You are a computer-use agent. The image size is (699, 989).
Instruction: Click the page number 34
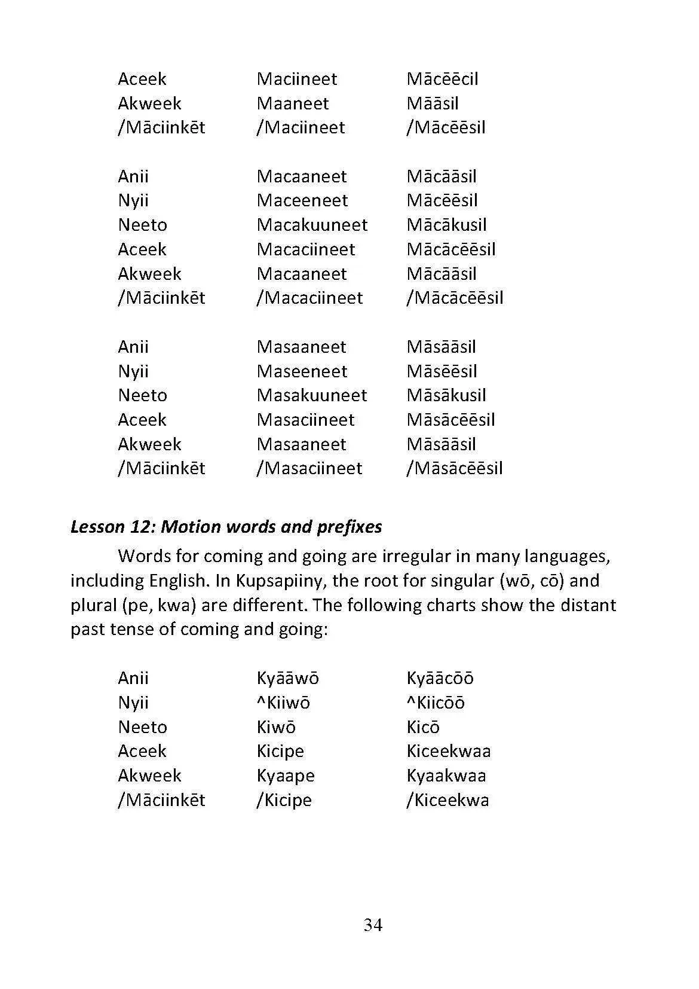(373, 925)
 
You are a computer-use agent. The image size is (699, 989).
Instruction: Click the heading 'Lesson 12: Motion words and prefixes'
(226, 527)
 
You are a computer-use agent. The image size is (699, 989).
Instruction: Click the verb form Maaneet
(292, 103)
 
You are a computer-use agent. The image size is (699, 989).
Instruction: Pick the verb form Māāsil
(433, 103)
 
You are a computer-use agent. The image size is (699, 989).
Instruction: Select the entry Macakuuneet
(312, 225)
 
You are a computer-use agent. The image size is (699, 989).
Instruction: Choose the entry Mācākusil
(446, 225)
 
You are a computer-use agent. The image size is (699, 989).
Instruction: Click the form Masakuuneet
(312, 395)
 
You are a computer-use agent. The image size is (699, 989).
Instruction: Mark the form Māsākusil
(446, 395)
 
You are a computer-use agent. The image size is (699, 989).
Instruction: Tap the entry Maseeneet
(302, 371)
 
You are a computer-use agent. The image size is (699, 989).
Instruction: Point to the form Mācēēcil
(442, 79)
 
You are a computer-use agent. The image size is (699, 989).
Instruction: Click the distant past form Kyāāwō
(287, 678)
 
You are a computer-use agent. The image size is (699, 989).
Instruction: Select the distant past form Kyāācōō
(440, 678)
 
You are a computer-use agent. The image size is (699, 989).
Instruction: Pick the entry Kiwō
(276, 727)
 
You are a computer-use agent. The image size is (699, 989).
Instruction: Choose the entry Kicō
(423, 727)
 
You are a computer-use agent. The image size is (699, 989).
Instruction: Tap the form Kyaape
(286, 776)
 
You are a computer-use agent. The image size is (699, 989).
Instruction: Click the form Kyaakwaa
(446, 776)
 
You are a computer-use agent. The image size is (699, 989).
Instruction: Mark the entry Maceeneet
(302, 200)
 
